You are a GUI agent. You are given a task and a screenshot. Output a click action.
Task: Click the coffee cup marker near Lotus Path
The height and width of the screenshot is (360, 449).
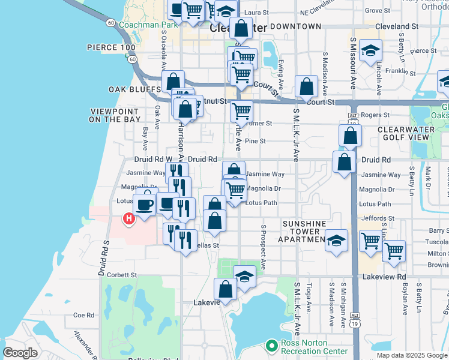(145, 205)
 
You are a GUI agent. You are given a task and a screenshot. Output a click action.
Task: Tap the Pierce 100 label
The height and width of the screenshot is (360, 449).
(111, 47)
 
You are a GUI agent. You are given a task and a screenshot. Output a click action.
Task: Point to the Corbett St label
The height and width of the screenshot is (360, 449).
(122, 275)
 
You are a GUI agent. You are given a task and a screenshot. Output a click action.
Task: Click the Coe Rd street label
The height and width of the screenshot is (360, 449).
(83, 315)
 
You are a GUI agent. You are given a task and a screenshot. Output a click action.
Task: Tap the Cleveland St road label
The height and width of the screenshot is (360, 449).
(396, 26)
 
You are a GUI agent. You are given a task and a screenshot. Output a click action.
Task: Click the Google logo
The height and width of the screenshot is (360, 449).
(20, 352)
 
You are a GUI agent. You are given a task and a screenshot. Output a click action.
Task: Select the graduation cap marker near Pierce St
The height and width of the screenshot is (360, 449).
(371, 50)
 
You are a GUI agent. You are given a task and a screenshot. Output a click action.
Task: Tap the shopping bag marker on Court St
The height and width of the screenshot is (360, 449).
(306, 86)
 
